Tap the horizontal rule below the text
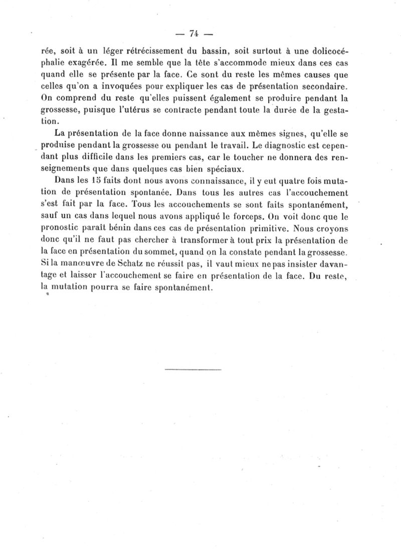click(x=193, y=370)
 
